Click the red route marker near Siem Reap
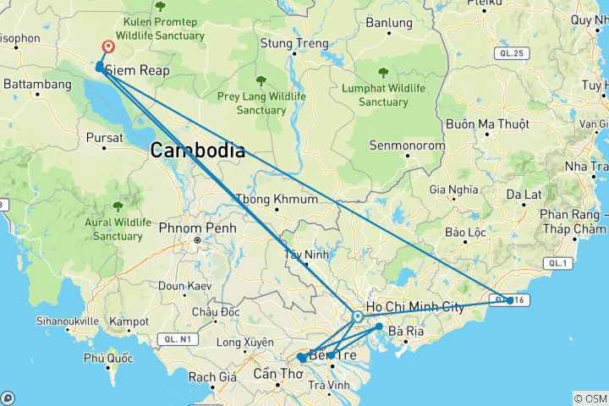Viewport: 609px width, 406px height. [108, 48]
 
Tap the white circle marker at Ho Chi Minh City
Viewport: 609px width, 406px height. [358, 316]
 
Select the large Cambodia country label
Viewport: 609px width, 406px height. [198, 151]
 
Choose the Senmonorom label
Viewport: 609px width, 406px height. [402, 145]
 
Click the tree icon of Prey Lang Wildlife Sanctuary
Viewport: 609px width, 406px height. [261, 82]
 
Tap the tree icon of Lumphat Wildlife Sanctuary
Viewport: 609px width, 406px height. [383, 73]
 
